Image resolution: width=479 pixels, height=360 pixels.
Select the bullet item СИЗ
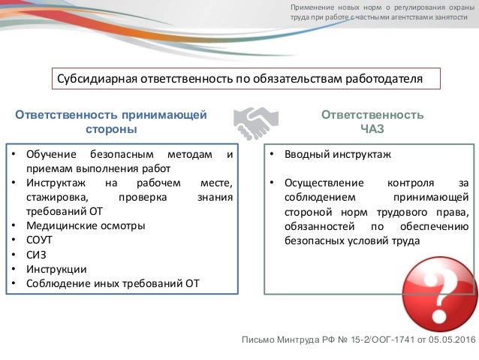[37, 254]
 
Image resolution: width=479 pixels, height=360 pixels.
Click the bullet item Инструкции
[56, 269]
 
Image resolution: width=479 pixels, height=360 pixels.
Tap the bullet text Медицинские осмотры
[86, 225]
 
